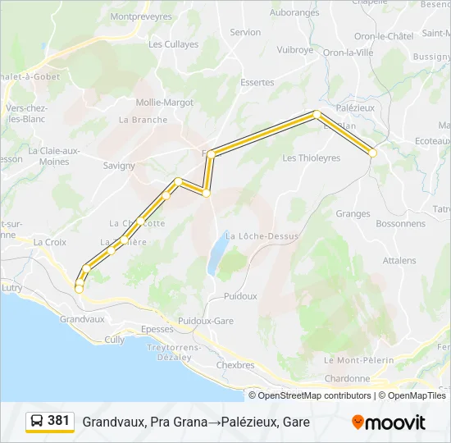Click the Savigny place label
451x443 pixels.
[119, 165]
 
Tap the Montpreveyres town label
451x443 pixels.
[140, 16]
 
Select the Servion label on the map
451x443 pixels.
[245, 33]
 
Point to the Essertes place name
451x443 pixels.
[257, 83]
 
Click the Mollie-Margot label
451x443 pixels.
[165, 103]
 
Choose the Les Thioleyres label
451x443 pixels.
[311, 158]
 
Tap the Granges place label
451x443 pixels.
[353, 213]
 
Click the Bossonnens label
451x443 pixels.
[400, 223]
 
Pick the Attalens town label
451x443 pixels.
[399, 260]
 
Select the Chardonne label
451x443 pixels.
[347, 378]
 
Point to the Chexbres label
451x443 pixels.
[236, 365]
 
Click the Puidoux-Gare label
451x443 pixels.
[201, 321]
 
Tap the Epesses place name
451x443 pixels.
[157, 328]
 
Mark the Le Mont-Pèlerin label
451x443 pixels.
[359, 360]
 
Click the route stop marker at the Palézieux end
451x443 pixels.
[373, 153]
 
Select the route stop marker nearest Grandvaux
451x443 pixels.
[79, 289]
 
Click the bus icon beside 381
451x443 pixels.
[37, 421]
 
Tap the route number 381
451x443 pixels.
[58, 421]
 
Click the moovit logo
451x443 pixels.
[389, 422]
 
